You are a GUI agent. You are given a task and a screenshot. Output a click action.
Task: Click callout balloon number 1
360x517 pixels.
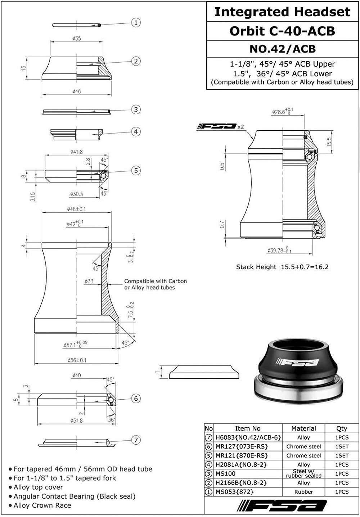pyautogui.click(x=136, y=23)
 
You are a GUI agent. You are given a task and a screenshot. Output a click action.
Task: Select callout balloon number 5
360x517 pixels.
pyautogui.click(x=136, y=170)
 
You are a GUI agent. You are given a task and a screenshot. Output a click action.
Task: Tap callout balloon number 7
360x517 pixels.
pyautogui.click(x=136, y=440)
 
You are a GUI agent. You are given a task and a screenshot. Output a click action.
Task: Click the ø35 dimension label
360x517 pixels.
pyautogui.click(x=76, y=38)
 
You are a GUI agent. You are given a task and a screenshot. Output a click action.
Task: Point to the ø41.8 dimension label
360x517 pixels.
pyautogui.click(x=76, y=152)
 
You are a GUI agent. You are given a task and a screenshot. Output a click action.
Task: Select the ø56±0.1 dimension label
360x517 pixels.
pyautogui.click(x=77, y=360)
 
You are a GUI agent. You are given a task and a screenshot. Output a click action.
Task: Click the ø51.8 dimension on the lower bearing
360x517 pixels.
pyautogui.click(x=77, y=420)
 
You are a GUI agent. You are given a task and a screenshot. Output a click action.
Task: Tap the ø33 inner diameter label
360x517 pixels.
pyautogui.click(x=89, y=281)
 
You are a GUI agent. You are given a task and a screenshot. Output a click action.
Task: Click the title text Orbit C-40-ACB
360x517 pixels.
pyautogui.click(x=282, y=31)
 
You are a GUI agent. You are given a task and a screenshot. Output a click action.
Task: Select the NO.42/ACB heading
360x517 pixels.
pyautogui.click(x=282, y=49)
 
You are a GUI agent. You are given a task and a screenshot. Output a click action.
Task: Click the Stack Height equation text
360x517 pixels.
pyautogui.click(x=282, y=267)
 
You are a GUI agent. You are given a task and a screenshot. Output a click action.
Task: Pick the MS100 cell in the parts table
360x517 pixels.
pyautogui.click(x=225, y=473)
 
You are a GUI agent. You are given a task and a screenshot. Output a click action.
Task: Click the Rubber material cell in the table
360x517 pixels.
pyautogui.click(x=303, y=491)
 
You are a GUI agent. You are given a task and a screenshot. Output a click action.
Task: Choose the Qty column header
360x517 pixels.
pyautogui.click(x=341, y=428)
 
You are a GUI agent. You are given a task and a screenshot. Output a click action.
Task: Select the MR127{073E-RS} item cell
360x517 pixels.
pyautogui.click(x=242, y=446)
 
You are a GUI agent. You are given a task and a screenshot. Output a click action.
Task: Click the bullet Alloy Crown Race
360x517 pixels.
pyautogui.click(x=42, y=505)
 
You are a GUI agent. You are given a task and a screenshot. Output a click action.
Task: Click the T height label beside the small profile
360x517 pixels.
pyautogui.click(x=157, y=372)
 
